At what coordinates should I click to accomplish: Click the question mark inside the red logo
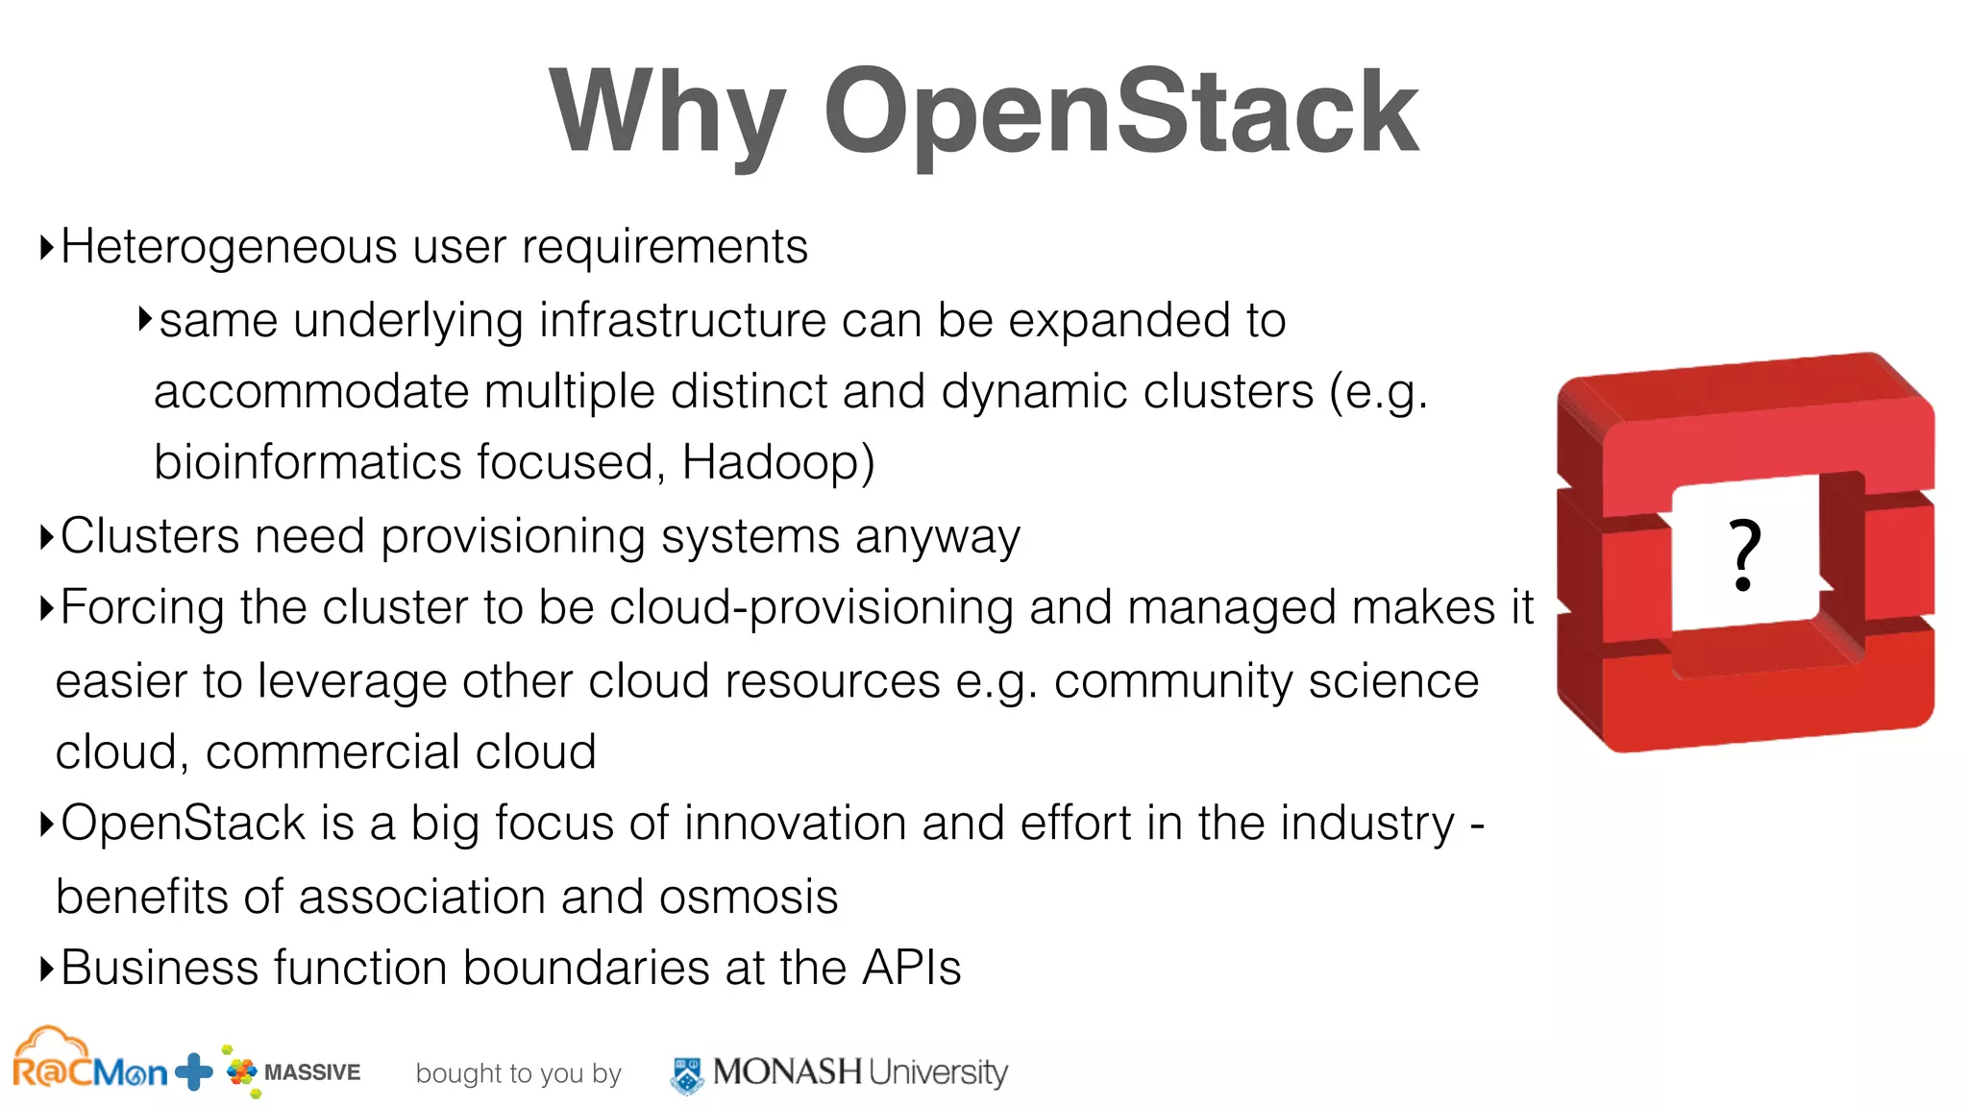pyautogui.click(x=1744, y=554)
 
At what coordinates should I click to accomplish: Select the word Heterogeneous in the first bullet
pyautogui.click(x=228, y=247)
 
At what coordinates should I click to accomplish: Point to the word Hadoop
pyautogui.click(x=777, y=462)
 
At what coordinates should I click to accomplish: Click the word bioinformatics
pyautogui.click(x=307, y=462)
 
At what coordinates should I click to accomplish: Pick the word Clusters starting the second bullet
pyautogui.click(x=150, y=536)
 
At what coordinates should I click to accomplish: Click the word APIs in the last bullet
pyautogui.click(x=911, y=968)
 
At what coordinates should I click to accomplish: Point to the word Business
pyautogui.click(x=160, y=968)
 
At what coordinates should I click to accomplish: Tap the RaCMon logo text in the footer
pyautogui.click(x=89, y=1069)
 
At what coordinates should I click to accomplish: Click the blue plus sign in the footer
pyautogui.click(x=194, y=1071)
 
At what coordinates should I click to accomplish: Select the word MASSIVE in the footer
pyautogui.click(x=311, y=1072)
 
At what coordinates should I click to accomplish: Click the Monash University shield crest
pyautogui.click(x=686, y=1074)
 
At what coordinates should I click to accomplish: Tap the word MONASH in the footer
pyautogui.click(x=787, y=1071)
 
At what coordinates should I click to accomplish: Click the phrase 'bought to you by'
pyautogui.click(x=518, y=1073)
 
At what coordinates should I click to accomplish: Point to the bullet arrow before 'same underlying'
pyautogui.click(x=145, y=319)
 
